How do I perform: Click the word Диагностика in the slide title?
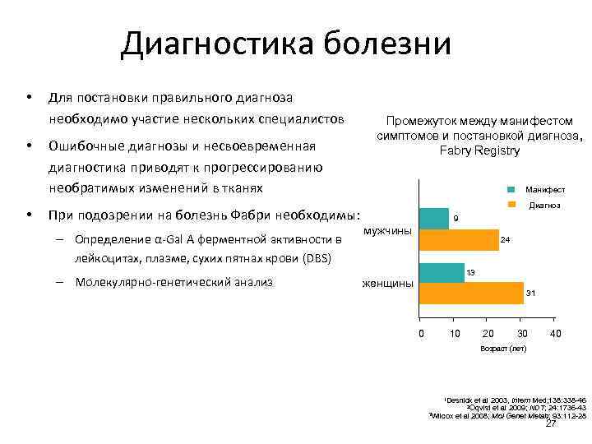(x=215, y=44)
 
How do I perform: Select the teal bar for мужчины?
(x=434, y=219)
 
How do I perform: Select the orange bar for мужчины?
(x=459, y=239)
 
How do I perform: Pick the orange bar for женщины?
(x=471, y=293)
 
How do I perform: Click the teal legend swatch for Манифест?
(x=511, y=189)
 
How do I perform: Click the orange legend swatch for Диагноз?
(x=511, y=205)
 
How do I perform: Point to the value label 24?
(x=506, y=239)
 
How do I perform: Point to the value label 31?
(x=530, y=293)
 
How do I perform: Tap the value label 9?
(x=456, y=219)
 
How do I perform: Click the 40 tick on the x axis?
(x=556, y=334)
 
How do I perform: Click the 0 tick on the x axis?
(x=420, y=334)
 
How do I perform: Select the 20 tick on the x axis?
(x=488, y=334)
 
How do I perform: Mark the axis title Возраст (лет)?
(x=502, y=349)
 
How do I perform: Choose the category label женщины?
(x=387, y=284)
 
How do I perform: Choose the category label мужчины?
(x=387, y=231)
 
